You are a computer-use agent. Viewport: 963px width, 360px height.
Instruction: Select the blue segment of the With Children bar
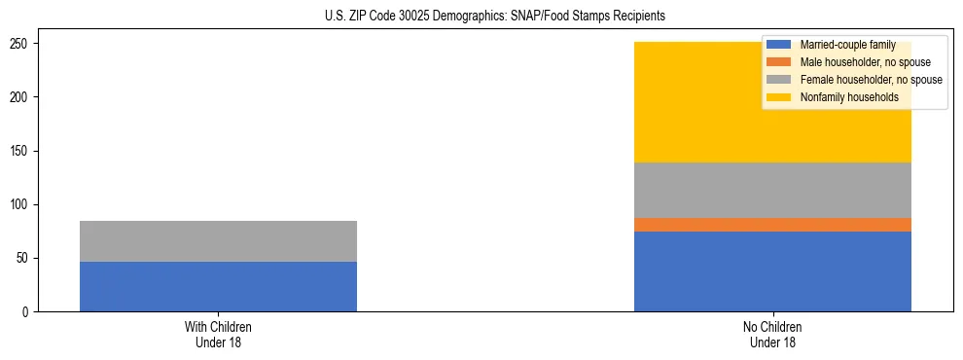(x=218, y=286)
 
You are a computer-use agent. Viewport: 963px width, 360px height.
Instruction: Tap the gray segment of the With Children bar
(x=218, y=241)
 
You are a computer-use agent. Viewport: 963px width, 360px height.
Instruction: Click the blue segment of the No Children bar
(x=772, y=271)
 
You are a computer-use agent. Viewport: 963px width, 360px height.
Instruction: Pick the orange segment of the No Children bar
(x=772, y=225)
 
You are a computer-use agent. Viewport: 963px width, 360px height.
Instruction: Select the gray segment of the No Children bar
(x=772, y=190)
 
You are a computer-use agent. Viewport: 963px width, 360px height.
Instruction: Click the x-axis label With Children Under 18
(x=218, y=335)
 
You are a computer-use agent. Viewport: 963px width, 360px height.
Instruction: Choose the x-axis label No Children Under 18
(x=772, y=335)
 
